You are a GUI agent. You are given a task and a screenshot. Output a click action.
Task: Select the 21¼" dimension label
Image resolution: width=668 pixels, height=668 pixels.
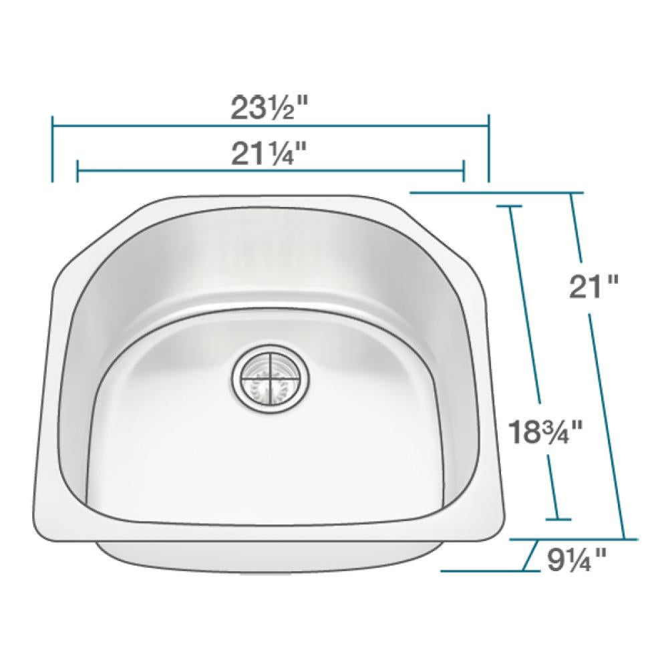point(269,155)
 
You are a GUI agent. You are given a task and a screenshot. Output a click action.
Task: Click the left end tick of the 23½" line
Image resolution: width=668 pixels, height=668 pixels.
point(52,148)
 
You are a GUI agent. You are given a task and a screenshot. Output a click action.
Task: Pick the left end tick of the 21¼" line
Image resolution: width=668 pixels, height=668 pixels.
point(77,171)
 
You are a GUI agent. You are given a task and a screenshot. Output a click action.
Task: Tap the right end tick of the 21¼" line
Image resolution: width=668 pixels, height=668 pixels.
point(463,171)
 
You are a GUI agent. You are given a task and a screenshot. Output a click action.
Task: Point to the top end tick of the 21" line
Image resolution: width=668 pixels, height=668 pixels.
point(571,193)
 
